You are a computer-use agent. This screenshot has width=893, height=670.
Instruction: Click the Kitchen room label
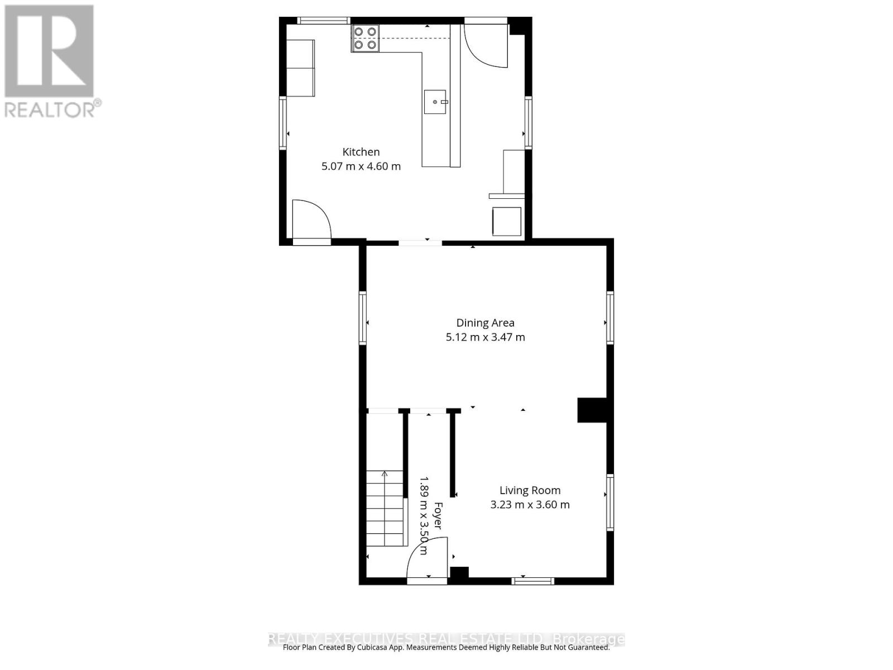click(361, 152)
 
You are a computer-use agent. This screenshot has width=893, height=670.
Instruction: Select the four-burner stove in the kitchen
click(365, 38)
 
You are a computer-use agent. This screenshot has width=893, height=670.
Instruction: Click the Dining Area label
click(485, 323)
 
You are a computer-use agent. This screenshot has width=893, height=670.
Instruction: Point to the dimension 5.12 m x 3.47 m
click(485, 337)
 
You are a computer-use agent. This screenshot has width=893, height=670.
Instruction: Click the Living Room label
click(530, 490)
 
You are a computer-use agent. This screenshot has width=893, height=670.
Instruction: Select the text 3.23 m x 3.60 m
click(530, 505)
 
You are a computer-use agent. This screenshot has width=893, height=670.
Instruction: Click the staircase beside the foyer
click(385, 508)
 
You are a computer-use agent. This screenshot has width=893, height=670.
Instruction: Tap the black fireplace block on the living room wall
click(591, 410)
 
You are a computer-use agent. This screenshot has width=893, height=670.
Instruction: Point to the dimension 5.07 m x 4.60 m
click(361, 166)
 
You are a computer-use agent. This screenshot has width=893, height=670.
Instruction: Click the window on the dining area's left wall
click(363, 318)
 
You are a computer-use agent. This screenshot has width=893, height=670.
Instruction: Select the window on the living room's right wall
click(610, 502)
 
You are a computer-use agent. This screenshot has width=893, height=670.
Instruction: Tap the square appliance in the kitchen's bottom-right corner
click(506, 222)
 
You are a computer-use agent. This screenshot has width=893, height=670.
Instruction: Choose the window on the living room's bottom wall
click(533, 581)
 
